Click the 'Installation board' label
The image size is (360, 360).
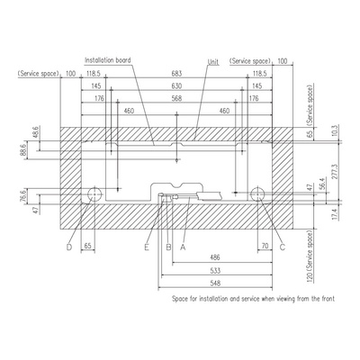108,60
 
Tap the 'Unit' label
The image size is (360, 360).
213,62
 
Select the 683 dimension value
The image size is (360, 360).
176,74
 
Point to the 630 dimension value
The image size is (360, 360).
176,86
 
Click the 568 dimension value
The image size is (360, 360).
176,98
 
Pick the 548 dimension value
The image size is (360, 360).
215,283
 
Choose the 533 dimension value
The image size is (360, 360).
215,271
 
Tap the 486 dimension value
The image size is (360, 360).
215,257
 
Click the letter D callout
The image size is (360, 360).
69,247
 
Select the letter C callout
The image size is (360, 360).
283,247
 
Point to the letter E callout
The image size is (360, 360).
147,247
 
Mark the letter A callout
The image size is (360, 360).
183,247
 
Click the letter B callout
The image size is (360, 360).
168,247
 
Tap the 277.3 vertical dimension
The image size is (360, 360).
336,171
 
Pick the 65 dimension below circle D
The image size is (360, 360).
87,247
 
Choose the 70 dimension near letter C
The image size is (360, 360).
265,247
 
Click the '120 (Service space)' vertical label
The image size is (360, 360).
310,256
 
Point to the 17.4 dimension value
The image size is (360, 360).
336,215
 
